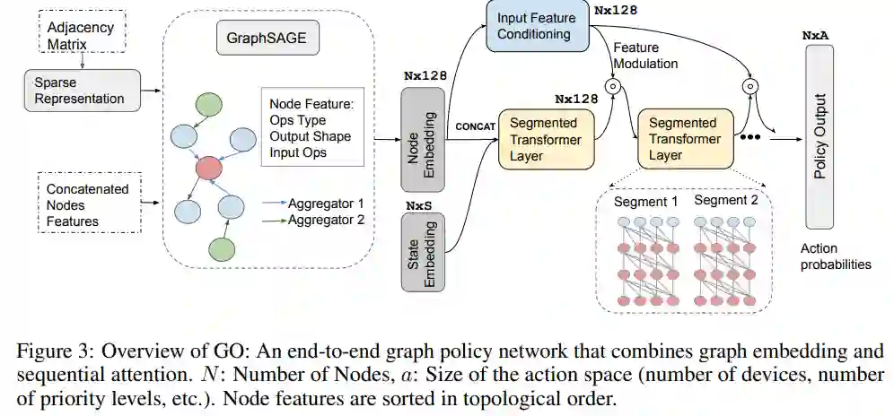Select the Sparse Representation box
(x=82, y=91)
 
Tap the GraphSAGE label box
(x=267, y=39)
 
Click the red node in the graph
(x=208, y=169)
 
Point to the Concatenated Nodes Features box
(x=88, y=203)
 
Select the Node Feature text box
(x=311, y=127)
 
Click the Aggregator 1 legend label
(x=326, y=204)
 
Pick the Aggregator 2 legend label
(x=326, y=220)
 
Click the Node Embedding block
(x=423, y=139)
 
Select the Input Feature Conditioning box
(x=537, y=26)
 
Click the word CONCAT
(x=475, y=126)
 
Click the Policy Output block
(x=819, y=137)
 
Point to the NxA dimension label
(x=815, y=35)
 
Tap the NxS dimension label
(x=418, y=205)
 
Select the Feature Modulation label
(x=645, y=56)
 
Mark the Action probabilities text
(x=836, y=256)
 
